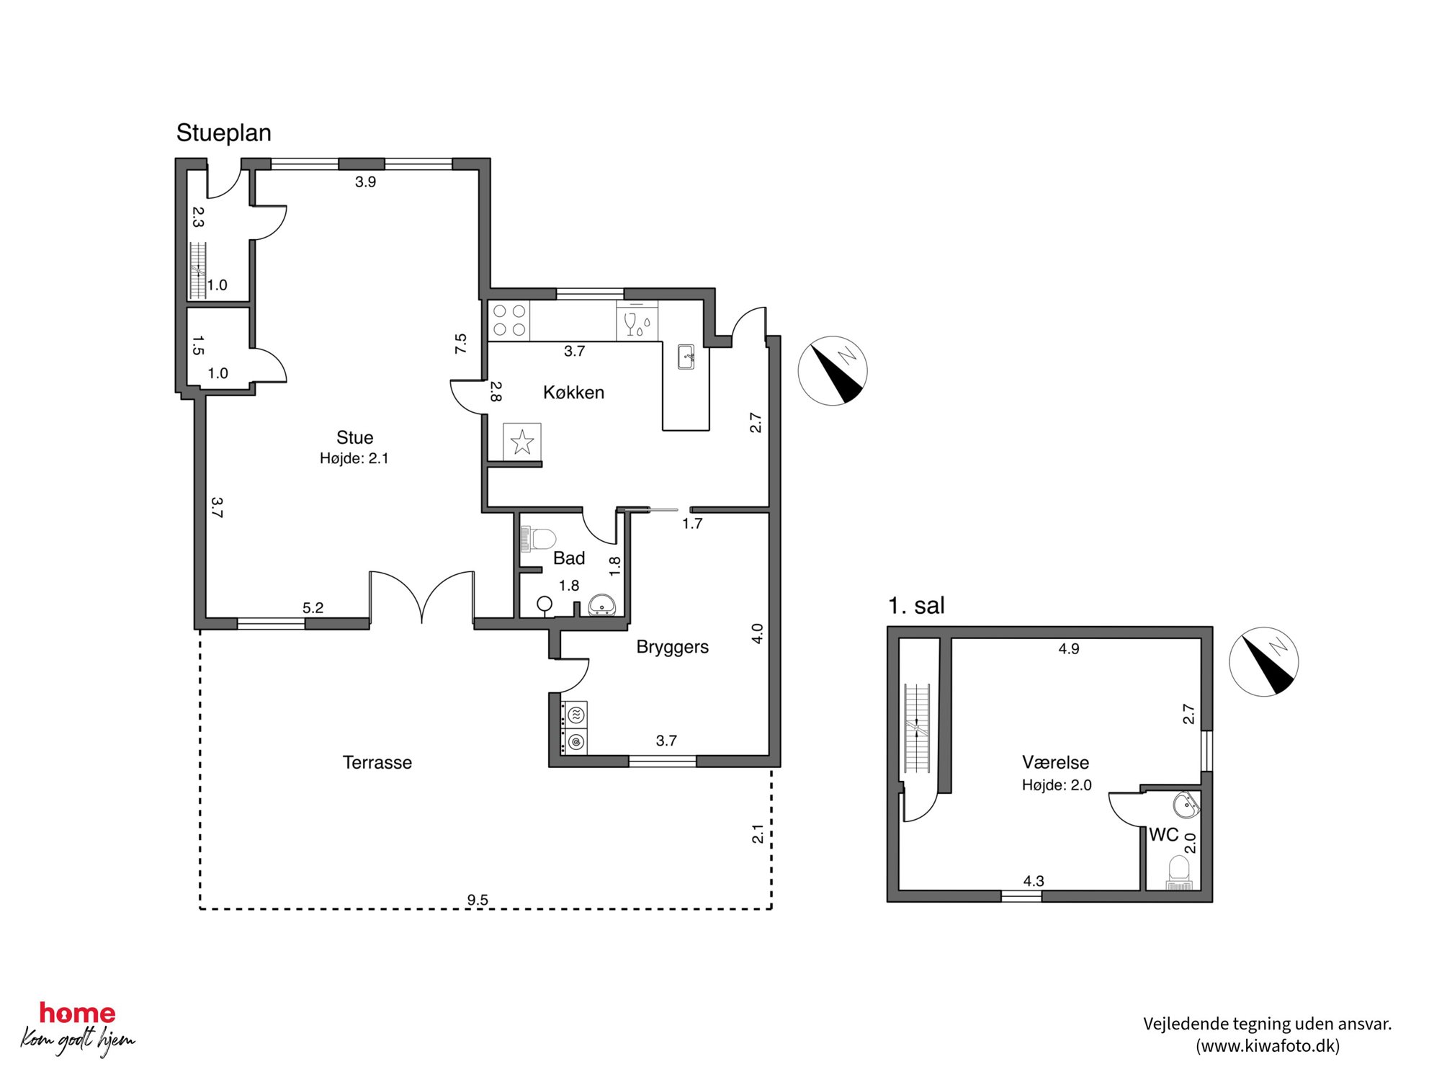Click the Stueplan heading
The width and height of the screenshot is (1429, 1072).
pos(223,133)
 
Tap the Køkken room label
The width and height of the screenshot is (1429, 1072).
pos(573,393)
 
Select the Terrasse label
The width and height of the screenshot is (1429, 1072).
pos(377,762)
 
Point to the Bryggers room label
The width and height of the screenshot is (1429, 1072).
pos(672,647)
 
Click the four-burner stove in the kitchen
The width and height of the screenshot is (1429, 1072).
pos(509,321)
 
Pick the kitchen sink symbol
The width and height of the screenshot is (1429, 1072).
pos(686,357)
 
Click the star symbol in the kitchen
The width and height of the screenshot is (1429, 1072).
pos(522,442)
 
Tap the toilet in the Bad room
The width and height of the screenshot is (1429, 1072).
pos(538,539)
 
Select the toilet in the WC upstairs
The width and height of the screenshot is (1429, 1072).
pos(1179,872)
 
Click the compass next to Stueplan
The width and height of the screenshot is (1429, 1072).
pos(833,371)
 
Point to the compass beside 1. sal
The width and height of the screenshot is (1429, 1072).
pos(1264,661)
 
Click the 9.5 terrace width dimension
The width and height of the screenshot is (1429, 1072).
pos(478,900)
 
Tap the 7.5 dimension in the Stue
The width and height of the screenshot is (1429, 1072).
pos(461,343)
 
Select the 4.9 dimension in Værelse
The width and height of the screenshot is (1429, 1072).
pos(1069,649)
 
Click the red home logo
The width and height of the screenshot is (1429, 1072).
pos(77,1013)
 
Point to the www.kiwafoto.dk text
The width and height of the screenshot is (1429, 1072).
pos(1268,1046)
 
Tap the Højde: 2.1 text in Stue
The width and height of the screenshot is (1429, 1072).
pos(354,458)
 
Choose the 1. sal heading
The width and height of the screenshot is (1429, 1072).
pos(916,606)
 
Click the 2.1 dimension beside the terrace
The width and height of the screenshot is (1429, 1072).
pos(758,834)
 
